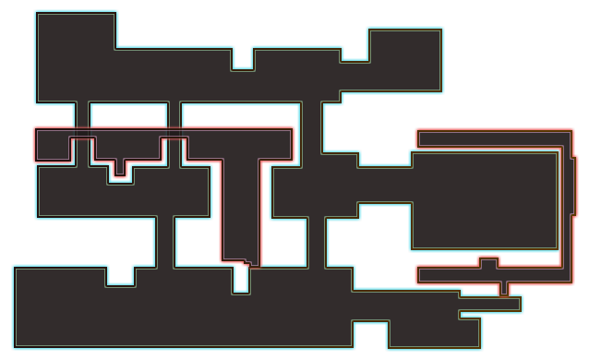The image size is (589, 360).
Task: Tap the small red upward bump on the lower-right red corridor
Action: [x=488, y=261]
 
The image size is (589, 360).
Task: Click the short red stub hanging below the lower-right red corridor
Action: [x=503, y=289]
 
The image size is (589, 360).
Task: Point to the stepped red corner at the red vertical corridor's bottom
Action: [x=246, y=263]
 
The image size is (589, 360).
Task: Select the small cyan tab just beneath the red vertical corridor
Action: [x=241, y=280]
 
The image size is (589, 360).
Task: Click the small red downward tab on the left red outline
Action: [x=120, y=170]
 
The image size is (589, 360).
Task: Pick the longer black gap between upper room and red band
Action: [x=240, y=114]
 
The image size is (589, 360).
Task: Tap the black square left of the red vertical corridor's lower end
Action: [x=194, y=242]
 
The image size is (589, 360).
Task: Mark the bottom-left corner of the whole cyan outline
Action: [x=13, y=349]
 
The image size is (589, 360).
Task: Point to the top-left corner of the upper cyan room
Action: [x=36, y=12]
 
